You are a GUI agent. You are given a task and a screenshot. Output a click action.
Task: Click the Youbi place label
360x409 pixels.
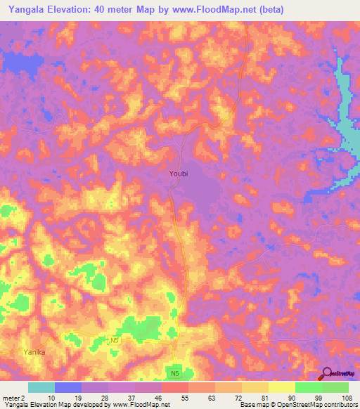click(179, 171)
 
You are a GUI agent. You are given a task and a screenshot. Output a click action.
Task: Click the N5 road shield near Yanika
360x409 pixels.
click(115, 340)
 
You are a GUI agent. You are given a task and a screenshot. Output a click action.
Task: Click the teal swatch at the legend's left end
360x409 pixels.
click(41, 387)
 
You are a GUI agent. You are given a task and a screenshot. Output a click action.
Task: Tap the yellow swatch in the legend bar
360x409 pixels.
click(281, 387)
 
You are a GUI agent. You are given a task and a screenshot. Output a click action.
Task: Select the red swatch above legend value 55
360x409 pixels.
click(175, 387)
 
